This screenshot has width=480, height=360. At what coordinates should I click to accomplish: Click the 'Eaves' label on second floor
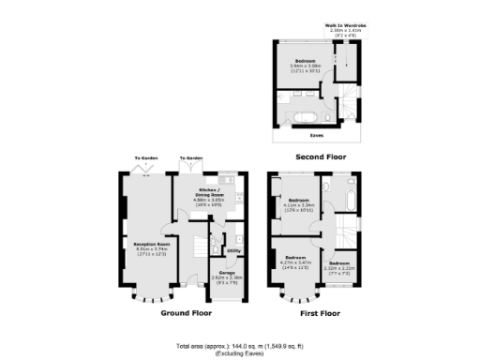(x=316, y=135)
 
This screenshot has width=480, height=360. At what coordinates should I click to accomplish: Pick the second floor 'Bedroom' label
(x=304, y=62)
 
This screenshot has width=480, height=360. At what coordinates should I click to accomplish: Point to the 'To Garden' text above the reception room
(x=146, y=157)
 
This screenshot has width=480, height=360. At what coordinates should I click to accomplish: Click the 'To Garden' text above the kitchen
(x=191, y=157)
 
